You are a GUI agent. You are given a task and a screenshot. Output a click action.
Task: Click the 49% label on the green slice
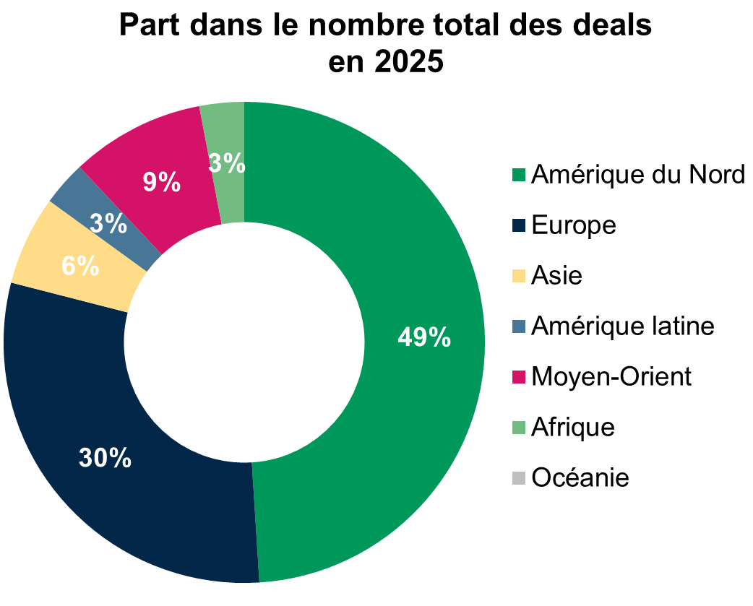pos(425,337)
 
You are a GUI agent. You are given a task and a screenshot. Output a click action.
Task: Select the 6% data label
pos(79,266)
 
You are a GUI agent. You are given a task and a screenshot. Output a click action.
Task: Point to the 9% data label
pos(161,182)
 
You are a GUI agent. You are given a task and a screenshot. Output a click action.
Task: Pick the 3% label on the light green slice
pos(226,164)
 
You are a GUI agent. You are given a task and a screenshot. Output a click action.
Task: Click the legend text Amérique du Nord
pos(637,175)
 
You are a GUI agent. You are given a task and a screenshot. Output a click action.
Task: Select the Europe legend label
pos(574,225)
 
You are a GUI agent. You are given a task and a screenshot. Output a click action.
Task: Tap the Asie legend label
pos(556,276)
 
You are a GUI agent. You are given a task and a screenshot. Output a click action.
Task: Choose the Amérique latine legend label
pos(622,326)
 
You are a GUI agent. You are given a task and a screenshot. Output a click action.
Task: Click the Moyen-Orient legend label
pos(611,376)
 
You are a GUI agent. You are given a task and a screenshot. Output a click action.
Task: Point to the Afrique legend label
pos(573,427)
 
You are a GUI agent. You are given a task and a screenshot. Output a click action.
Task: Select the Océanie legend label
pos(580,477)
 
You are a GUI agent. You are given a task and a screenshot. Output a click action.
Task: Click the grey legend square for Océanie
pos(519,477)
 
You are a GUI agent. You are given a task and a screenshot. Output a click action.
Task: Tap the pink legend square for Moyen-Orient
pos(519,377)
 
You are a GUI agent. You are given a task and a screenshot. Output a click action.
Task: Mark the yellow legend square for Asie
pos(519,276)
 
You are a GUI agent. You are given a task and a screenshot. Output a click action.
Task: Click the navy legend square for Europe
pos(519,225)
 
